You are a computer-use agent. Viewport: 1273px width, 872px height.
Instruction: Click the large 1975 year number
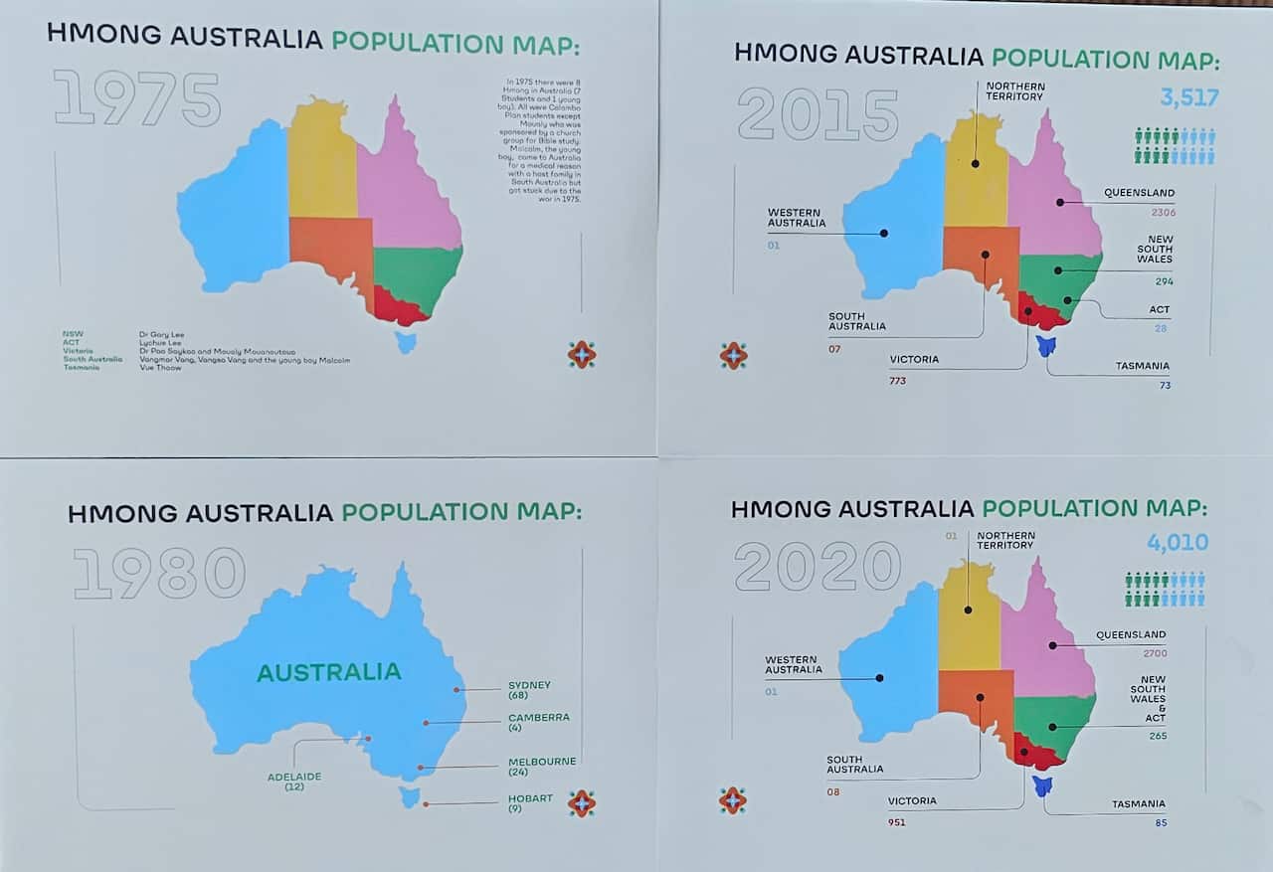click(137, 98)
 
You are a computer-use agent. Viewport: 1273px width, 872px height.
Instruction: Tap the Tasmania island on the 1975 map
click(405, 342)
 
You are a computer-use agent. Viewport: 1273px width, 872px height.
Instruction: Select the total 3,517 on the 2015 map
click(1188, 97)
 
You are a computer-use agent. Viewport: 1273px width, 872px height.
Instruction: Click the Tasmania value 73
click(1164, 385)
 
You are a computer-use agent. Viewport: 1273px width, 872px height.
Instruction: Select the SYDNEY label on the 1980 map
click(529, 685)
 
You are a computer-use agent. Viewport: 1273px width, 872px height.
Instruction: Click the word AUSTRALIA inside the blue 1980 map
click(328, 672)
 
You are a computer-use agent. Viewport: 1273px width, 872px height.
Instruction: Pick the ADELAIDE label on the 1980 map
click(294, 777)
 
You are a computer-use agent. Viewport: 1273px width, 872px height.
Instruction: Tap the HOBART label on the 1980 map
click(530, 797)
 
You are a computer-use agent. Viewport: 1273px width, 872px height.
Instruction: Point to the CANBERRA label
click(538, 717)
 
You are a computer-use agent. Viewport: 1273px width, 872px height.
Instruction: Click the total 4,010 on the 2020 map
click(1178, 542)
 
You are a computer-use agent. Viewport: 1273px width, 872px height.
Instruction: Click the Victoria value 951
click(898, 822)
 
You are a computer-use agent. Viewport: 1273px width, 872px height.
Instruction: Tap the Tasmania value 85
click(1161, 822)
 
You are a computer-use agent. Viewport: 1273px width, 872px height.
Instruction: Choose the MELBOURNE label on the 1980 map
click(542, 762)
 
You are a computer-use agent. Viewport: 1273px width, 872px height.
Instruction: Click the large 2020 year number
click(818, 568)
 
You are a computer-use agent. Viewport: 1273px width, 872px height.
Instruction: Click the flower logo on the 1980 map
click(582, 803)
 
